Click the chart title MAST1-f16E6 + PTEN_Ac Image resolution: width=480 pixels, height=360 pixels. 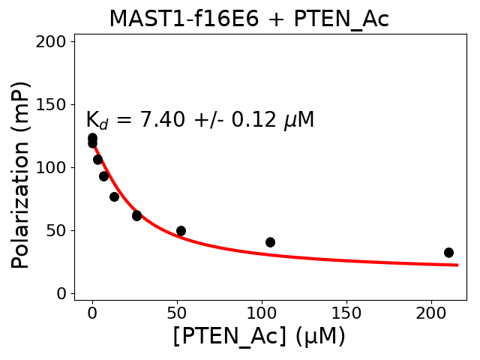tap(249, 19)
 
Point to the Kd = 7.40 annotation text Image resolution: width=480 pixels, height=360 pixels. tap(199, 120)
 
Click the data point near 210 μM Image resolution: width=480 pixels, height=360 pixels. tap(448, 253)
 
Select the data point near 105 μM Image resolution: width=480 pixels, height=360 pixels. tap(270, 242)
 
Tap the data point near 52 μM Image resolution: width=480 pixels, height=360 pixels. tap(181, 231)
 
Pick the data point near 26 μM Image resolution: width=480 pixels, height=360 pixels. tap(136, 215)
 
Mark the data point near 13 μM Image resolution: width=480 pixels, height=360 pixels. tap(114, 196)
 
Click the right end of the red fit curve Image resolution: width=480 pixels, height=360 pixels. tap(457, 265)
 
